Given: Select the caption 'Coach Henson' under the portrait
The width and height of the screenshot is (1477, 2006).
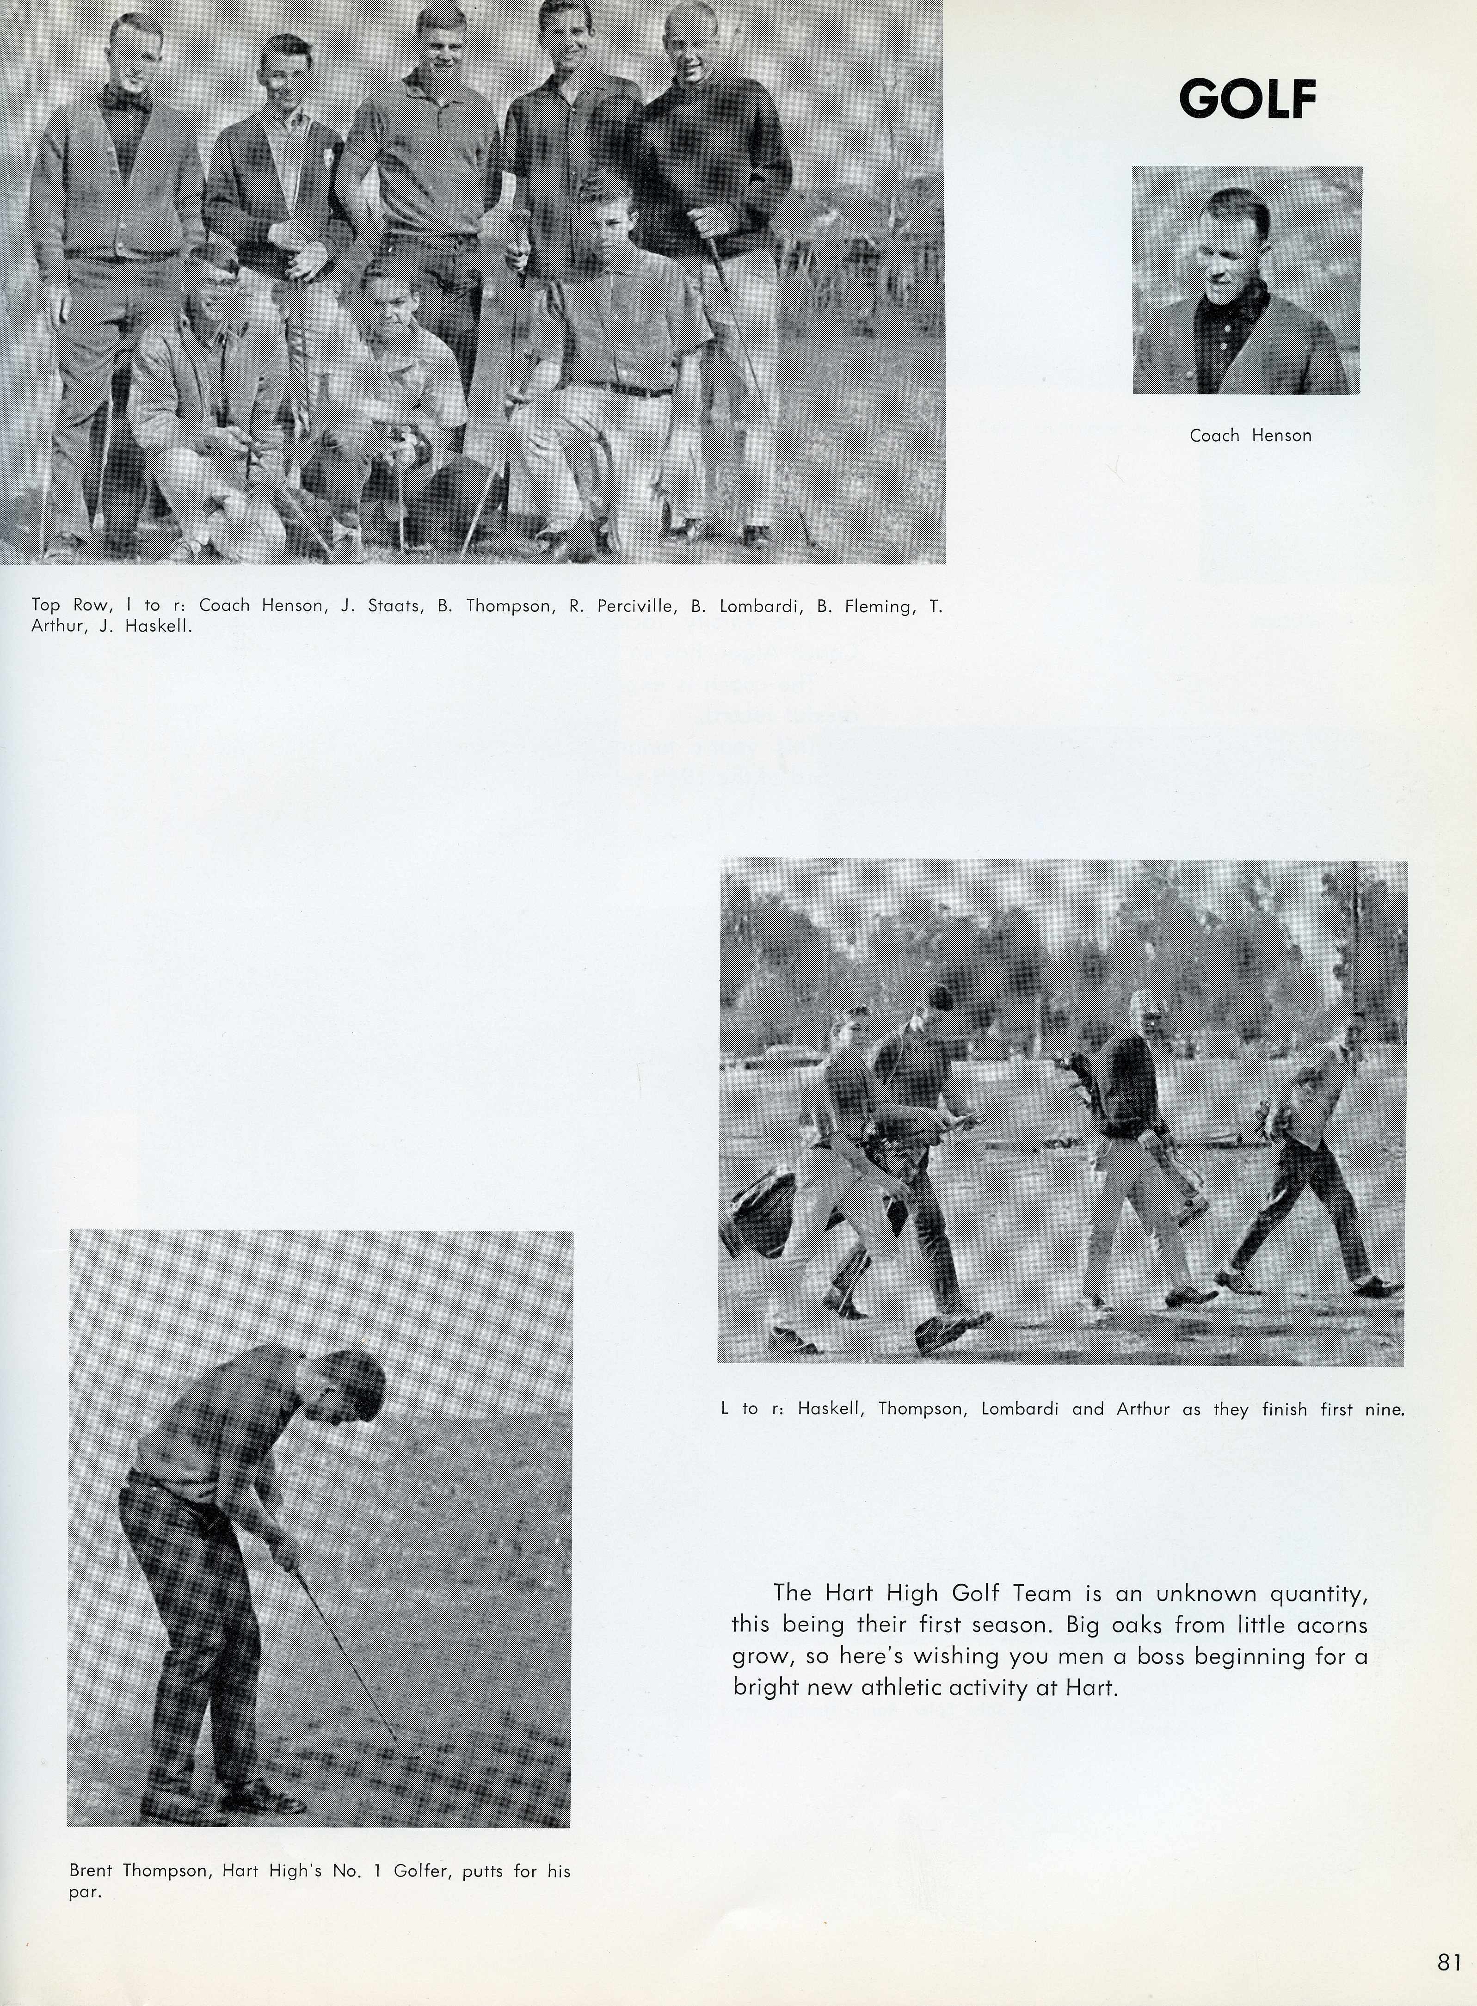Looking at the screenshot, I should coord(1250,435).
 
